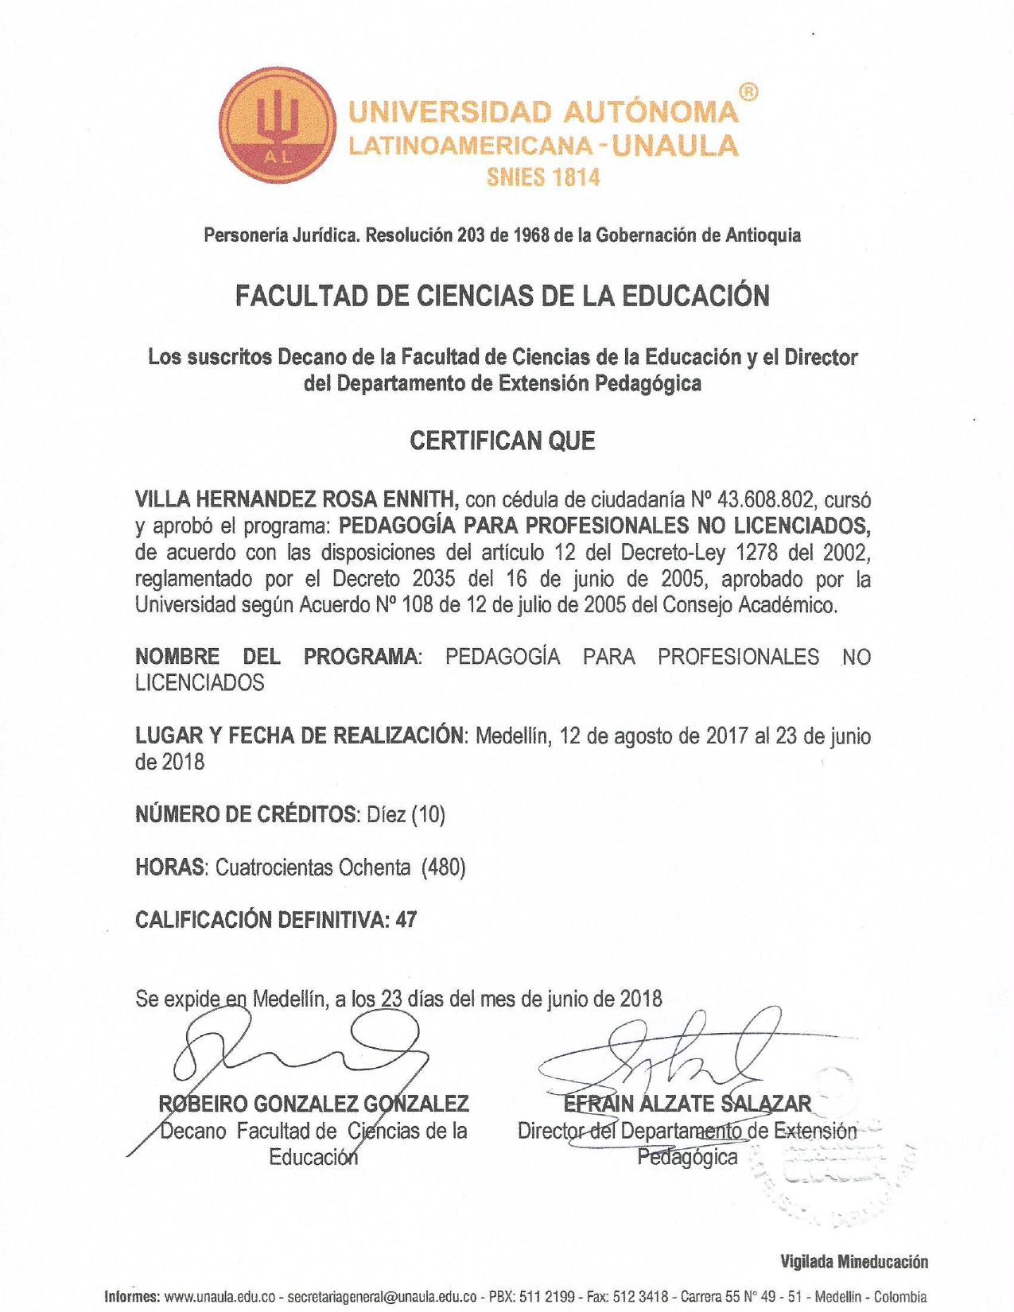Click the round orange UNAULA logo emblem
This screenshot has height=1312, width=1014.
(x=278, y=125)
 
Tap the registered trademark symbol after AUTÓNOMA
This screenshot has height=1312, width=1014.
(x=748, y=93)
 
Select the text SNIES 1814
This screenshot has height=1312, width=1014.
(x=543, y=177)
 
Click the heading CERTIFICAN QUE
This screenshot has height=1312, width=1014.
(x=502, y=441)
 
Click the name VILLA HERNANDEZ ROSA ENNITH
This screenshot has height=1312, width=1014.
(x=297, y=499)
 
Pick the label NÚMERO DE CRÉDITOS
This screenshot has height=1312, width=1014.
(x=247, y=814)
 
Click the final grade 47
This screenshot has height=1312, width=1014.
(x=406, y=920)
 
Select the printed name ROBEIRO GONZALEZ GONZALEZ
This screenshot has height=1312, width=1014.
(x=313, y=1104)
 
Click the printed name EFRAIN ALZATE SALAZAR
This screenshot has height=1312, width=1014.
(x=687, y=1104)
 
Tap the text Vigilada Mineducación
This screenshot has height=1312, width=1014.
(x=853, y=1262)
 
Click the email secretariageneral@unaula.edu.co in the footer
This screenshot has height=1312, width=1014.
(x=382, y=1297)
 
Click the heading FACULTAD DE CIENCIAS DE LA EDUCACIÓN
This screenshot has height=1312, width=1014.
(x=502, y=296)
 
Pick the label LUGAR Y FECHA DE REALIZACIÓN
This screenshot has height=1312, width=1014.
(x=299, y=736)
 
